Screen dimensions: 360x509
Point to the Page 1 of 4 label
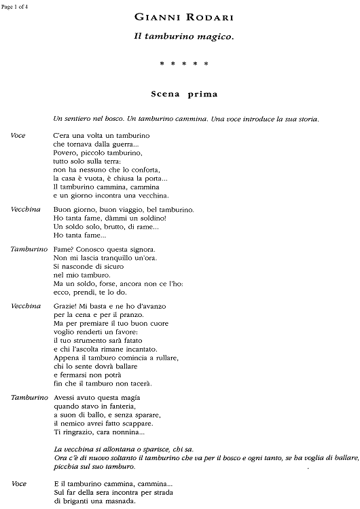coord(16,5)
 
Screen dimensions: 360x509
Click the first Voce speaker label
coord(18,136)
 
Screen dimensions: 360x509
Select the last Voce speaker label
coord(18,484)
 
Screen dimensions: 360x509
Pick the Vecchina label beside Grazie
coord(25,306)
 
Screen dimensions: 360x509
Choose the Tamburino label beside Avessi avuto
coord(29,396)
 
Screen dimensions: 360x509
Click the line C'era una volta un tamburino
coord(101,136)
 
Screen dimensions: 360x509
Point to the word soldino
coord(132,218)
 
